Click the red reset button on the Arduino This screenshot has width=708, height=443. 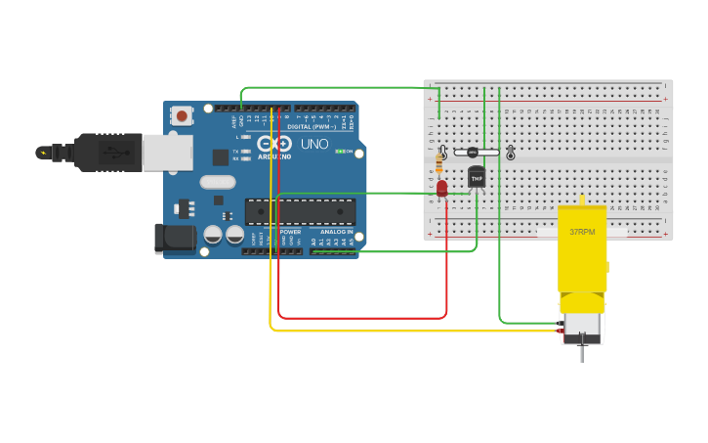[x=181, y=115]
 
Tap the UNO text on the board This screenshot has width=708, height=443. [x=312, y=144]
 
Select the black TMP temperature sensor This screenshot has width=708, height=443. [x=477, y=178]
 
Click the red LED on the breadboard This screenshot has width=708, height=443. [x=442, y=188]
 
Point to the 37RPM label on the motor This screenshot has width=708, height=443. [x=581, y=233]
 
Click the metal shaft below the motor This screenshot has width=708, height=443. [x=582, y=349]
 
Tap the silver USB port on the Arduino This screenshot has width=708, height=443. [x=167, y=153]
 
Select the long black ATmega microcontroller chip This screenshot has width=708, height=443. [x=300, y=211]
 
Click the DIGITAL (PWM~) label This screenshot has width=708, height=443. [x=312, y=127]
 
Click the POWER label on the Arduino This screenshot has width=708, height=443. [x=290, y=231]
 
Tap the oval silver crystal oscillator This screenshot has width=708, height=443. [x=218, y=182]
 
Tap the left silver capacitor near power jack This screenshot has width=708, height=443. [x=213, y=235]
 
